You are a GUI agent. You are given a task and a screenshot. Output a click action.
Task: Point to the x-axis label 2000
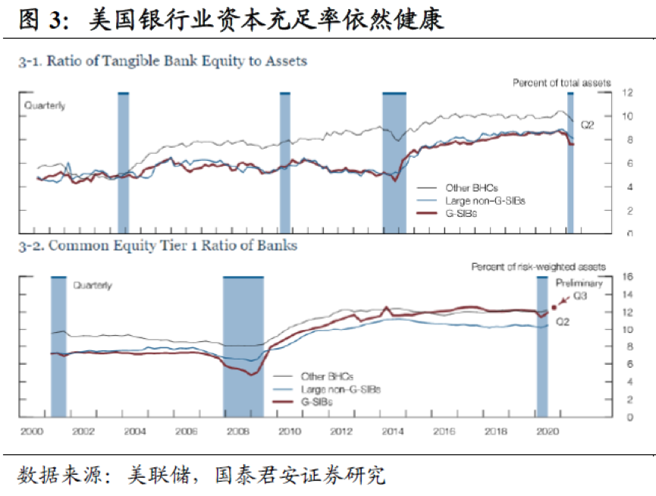click(31, 432)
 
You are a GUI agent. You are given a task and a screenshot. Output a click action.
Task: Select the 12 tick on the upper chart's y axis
click(627, 93)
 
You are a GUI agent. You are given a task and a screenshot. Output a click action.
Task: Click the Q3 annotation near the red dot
click(581, 297)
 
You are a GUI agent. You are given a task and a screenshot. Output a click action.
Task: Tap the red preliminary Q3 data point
click(554, 307)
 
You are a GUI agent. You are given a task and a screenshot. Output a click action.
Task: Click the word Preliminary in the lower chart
click(580, 284)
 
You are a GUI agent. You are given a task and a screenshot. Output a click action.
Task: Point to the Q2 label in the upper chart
click(587, 124)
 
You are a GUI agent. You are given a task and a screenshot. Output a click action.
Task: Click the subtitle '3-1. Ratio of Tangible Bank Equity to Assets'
click(163, 61)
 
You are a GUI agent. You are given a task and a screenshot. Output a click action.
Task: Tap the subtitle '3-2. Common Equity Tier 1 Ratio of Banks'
click(158, 246)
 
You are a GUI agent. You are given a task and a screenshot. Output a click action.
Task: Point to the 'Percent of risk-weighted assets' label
click(539, 267)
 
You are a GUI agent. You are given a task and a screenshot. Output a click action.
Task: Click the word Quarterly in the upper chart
click(45, 105)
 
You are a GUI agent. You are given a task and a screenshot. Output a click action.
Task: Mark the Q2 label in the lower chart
click(563, 322)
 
